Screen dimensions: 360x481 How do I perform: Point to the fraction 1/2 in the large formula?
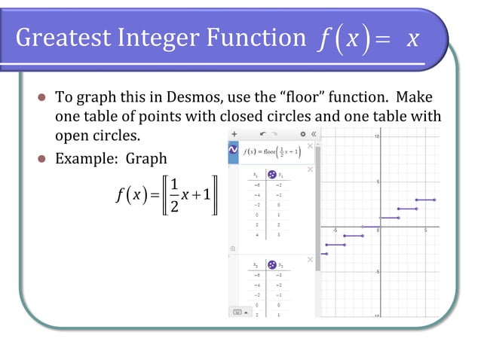tap(174, 194)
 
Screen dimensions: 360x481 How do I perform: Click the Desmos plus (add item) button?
tap(234, 133)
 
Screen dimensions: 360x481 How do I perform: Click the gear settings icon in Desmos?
tap(302, 133)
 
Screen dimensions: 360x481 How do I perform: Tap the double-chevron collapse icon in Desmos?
tap(313, 133)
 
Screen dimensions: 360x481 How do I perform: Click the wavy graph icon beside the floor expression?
tap(234, 151)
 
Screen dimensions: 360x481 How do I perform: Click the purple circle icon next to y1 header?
tap(272, 175)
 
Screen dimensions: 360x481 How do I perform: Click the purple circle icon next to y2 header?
tap(272, 265)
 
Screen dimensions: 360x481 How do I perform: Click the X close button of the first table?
tap(310, 169)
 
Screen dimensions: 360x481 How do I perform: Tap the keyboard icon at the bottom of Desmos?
tap(237, 312)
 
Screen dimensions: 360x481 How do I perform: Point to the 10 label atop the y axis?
tap(376, 136)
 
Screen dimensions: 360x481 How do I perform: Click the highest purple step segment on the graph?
tap(426, 200)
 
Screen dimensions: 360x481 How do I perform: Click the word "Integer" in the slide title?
tap(155, 38)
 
